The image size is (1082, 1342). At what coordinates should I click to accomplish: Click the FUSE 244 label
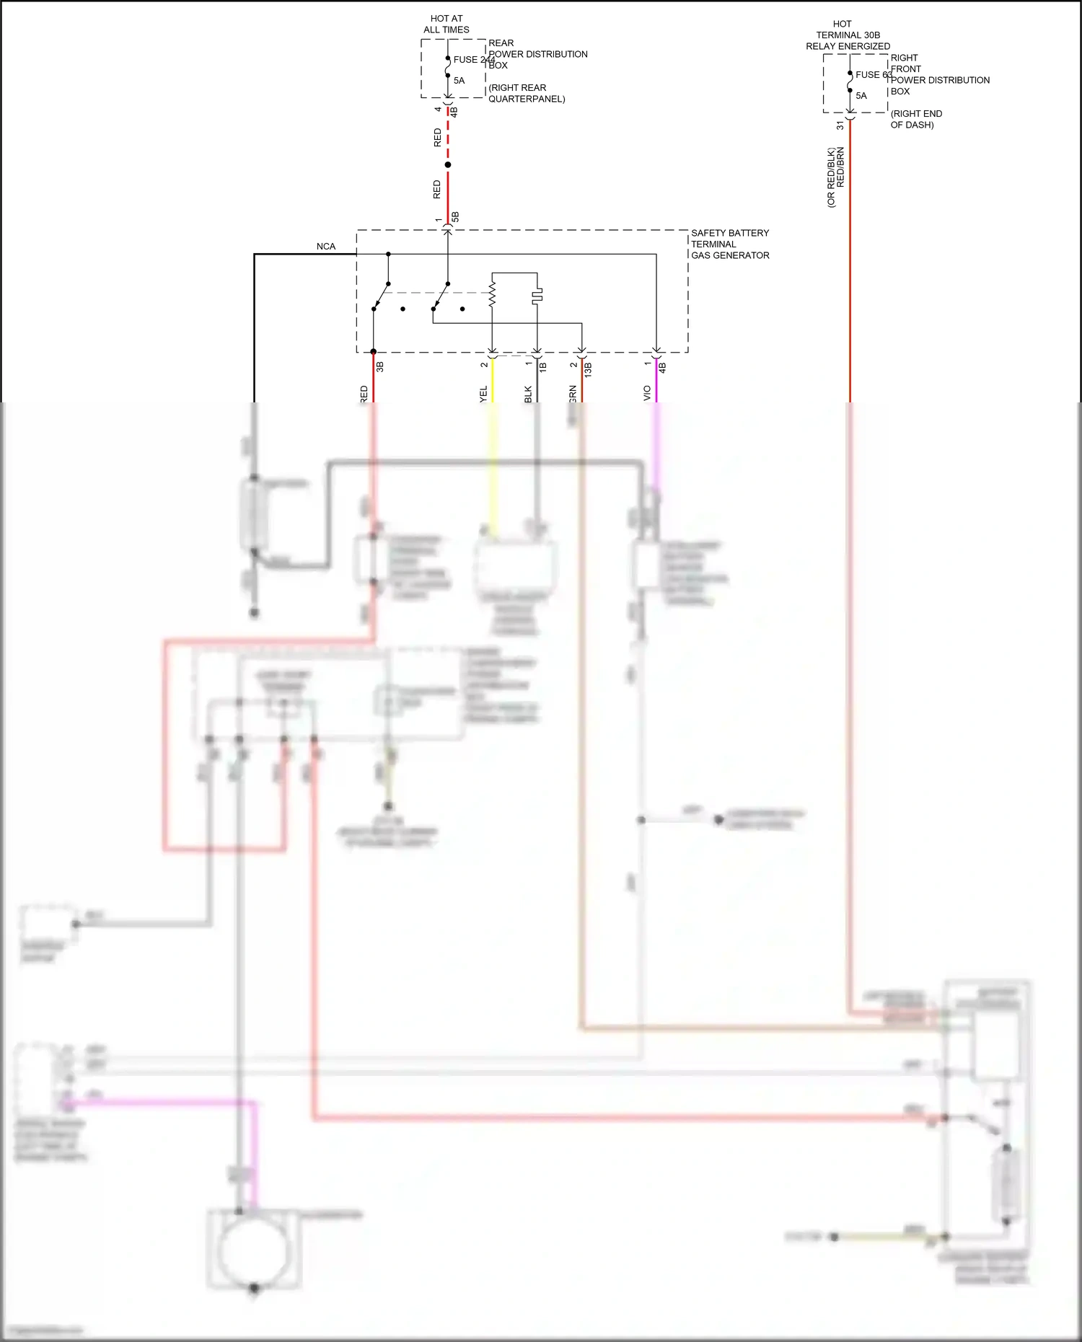tap(473, 60)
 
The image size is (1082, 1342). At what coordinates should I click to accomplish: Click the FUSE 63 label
tap(874, 75)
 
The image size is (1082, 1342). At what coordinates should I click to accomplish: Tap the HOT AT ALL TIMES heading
tap(447, 24)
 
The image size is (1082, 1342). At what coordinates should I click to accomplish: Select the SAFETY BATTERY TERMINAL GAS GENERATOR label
tap(729, 244)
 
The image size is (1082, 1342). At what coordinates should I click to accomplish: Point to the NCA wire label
tap(326, 247)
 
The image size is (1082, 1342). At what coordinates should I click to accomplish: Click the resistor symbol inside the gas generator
tap(493, 294)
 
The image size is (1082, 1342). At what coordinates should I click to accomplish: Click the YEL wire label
tap(483, 394)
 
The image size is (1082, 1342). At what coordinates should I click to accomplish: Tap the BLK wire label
tap(528, 394)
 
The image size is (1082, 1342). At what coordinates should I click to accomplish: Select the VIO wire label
tap(647, 393)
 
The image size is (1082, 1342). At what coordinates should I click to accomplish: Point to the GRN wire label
tap(573, 394)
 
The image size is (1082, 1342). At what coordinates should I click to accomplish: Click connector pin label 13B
tap(588, 370)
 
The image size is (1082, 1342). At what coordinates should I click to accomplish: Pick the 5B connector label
tap(455, 217)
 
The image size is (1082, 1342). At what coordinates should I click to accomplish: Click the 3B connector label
tap(380, 366)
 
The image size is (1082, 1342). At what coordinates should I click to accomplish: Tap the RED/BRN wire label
tap(840, 168)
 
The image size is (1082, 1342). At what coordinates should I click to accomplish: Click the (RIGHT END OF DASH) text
tap(915, 119)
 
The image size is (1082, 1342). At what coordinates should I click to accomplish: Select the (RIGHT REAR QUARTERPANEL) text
tap(526, 93)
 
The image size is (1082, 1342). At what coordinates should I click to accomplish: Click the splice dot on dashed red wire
tap(448, 165)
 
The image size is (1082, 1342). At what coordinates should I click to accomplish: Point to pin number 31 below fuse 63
tap(840, 125)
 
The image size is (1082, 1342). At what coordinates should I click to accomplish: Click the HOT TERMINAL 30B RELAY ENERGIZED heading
tap(848, 35)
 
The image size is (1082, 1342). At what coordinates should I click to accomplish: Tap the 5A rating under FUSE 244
tap(459, 81)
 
